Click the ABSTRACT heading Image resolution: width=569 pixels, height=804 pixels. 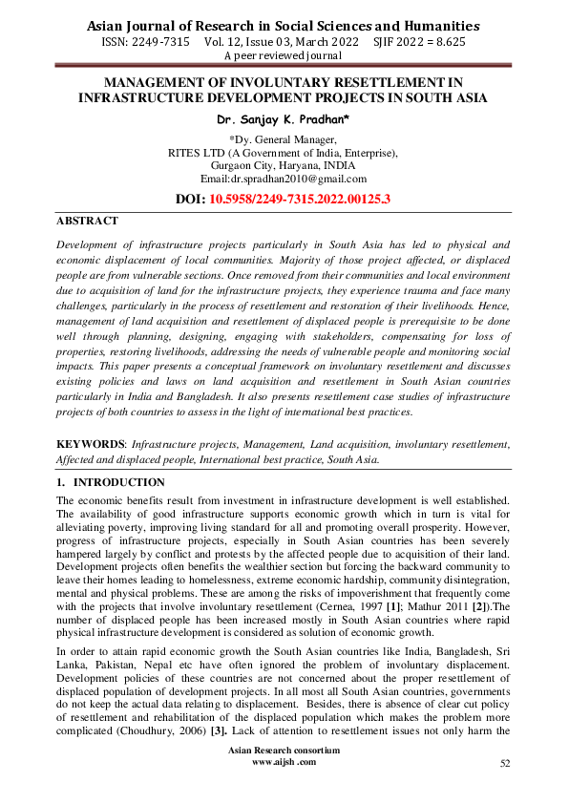87,221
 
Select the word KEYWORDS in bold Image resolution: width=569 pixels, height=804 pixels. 90,444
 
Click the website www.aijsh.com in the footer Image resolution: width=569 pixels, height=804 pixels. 284,762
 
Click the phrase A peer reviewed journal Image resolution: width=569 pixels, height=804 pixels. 284,56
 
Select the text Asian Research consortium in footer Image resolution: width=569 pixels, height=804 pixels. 284,751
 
